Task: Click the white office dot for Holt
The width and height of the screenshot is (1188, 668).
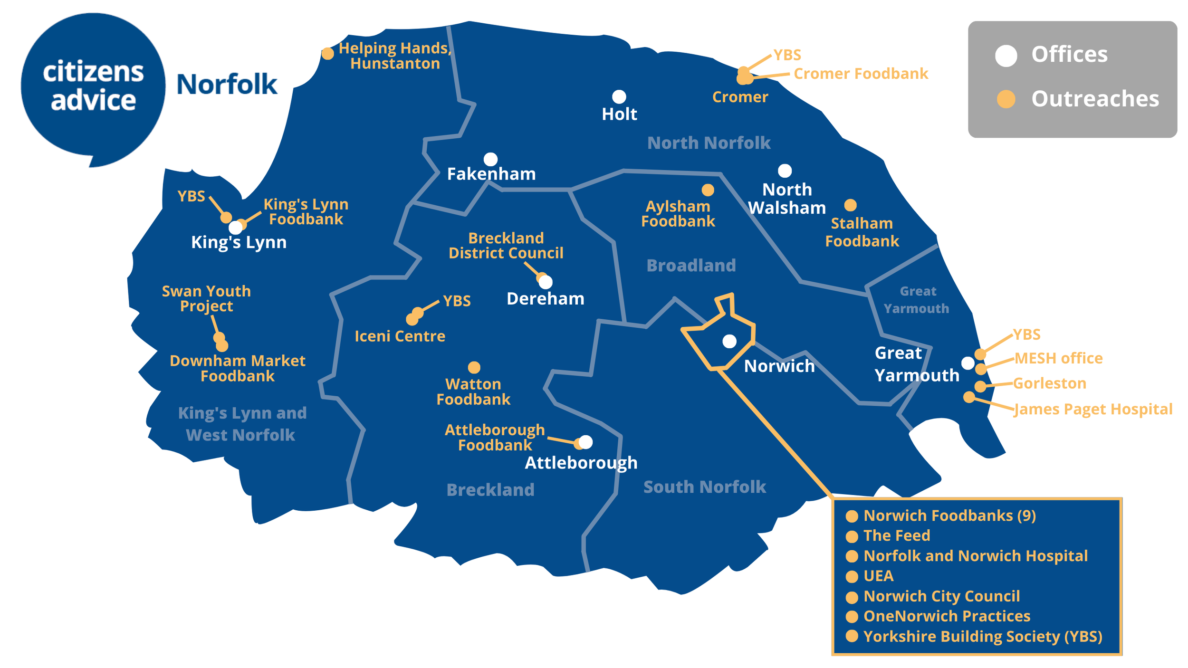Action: coord(619,97)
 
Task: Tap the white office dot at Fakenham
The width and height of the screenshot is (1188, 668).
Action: coord(490,159)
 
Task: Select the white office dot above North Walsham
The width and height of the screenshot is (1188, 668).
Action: coord(785,171)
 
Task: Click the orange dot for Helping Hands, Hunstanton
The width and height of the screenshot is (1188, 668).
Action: coord(327,54)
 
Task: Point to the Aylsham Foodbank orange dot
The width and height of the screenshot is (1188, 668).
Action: coord(708,190)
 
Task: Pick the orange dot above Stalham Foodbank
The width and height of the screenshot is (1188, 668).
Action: coord(850,205)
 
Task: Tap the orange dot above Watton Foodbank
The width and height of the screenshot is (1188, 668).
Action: coord(474,367)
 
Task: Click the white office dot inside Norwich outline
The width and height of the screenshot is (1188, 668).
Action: coord(729,341)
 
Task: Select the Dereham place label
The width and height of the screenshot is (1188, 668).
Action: coord(545,299)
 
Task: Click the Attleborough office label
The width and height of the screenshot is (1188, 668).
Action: coord(581,463)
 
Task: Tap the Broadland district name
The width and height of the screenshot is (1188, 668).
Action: coord(691,266)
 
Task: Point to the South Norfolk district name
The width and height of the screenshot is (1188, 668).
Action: coord(704,487)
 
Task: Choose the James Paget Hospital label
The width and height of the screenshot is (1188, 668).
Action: coord(1093,409)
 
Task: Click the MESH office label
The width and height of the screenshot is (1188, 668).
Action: coord(1058,358)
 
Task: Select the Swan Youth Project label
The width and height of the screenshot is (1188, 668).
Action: coord(206,298)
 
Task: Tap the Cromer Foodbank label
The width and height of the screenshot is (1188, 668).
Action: coord(861,74)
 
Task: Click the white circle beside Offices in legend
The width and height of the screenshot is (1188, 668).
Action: coord(1006,56)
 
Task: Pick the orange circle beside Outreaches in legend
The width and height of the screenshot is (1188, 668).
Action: coord(1006,99)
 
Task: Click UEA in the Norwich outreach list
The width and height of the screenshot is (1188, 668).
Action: coord(878,576)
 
